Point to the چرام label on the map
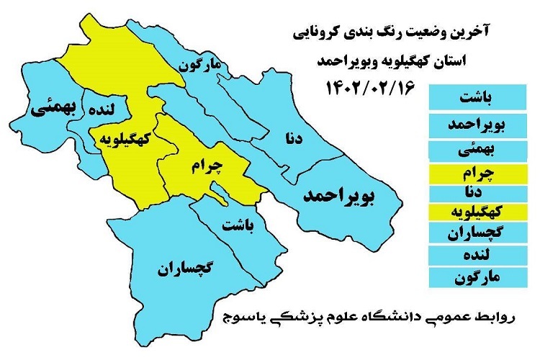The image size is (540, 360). point(207,166)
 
